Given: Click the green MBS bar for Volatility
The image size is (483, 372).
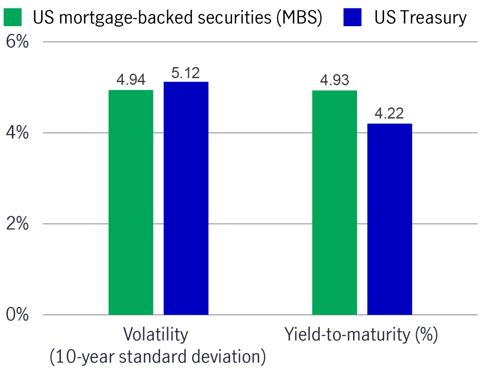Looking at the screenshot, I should point(131,202).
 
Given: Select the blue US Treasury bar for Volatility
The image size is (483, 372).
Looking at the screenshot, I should point(186,198).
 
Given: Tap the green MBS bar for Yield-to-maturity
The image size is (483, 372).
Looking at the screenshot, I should point(334,202).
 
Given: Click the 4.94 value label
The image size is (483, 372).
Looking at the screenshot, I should point(131,80).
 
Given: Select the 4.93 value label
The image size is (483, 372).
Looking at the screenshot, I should point(334,80).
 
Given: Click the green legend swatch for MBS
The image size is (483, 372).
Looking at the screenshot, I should point(14,18).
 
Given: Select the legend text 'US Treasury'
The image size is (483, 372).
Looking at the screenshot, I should point(420,18).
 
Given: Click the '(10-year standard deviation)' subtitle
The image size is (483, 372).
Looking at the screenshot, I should point(157,356).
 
